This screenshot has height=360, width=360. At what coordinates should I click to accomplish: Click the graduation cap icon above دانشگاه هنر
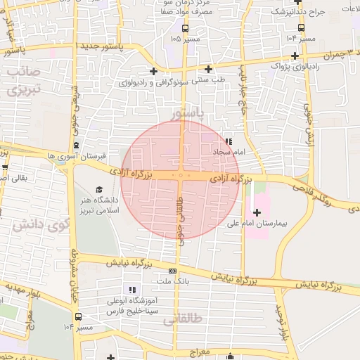pyautogui.click(x=99, y=190)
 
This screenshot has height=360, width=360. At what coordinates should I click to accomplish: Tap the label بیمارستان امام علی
pyautogui.click(x=257, y=224)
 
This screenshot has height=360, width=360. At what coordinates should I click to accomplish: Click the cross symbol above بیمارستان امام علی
pyautogui.click(x=257, y=212)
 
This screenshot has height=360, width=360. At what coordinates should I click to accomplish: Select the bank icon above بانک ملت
pyautogui.click(x=172, y=271)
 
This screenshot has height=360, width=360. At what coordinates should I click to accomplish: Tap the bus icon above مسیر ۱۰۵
pyautogui.click(x=185, y=29)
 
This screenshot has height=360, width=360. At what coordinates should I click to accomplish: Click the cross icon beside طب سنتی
pyautogui.click(x=208, y=69)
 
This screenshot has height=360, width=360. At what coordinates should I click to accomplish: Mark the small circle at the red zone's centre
pyautogui.click(x=181, y=176)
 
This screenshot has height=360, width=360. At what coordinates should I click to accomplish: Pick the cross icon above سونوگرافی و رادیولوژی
pyautogui.click(x=153, y=71)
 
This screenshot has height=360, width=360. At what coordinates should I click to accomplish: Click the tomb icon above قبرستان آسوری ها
pyautogui.click(x=87, y=145)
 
